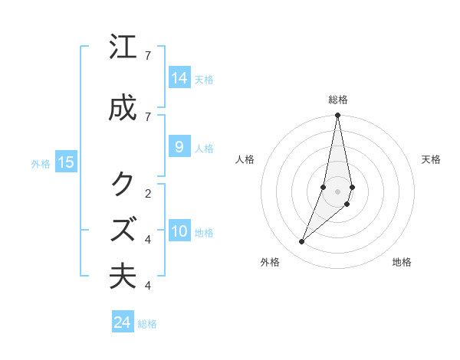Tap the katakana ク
point(123,184)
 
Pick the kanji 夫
point(123,277)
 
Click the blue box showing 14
point(179,78)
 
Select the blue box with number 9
point(179,147)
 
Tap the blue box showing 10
point(179,232)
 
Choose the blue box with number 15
point(66,162)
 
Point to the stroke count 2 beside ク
point(148,192)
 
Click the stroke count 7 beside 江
point(148,56)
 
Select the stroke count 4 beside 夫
point(148,286)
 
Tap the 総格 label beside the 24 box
point(147,324)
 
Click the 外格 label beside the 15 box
point(40,163)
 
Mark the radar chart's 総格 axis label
point(338,100)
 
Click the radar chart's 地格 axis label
point(402,262)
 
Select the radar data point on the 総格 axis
point(337,116)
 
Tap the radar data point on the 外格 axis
point(301,242)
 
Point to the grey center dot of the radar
point(337,191)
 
